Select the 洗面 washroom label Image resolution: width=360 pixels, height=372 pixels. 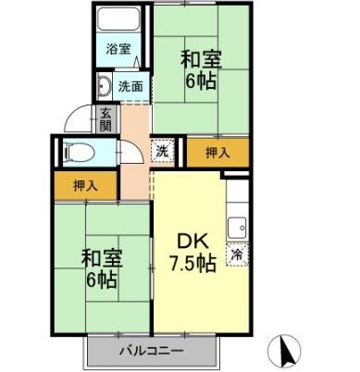pyautogui.click(x=130, y=87)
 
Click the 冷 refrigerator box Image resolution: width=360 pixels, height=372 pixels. pyautogui.click(x=237, y=252)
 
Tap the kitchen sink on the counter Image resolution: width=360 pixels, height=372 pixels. pyautogui.click(x=237, y=225)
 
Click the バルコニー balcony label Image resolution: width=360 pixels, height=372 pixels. pyautogui.click(x=152, y=352)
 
